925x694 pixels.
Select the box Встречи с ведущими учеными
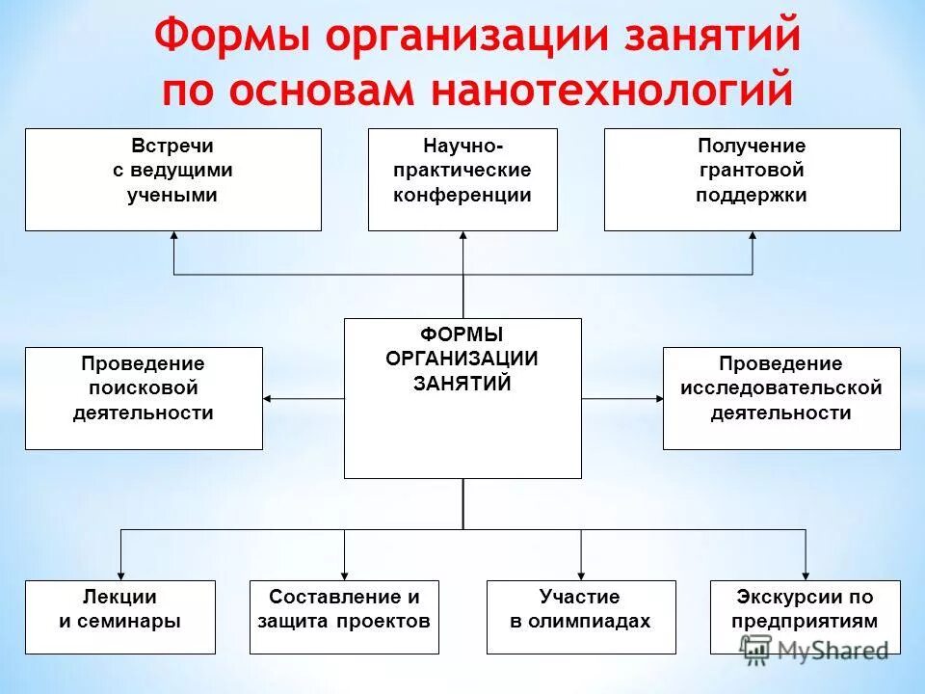pos(173,179)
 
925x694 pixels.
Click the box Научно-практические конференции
pos(462,179)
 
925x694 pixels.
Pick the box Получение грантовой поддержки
pos(752,179)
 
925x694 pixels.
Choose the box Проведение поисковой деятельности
pos(144,398)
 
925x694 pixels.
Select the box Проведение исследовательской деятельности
pos(781,398)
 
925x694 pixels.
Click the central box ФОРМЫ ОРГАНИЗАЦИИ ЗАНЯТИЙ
pos(462,398)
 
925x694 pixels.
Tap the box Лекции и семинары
pos(120,617)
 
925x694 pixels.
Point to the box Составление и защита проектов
pos(344,617)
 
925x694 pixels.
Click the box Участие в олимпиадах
pos(580,617)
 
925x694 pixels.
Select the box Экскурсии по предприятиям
pos(805,617)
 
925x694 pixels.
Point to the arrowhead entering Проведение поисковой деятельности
pos(269,398)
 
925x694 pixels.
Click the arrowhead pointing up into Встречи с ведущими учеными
pos(173,237)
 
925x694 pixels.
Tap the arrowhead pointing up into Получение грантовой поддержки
pos(752,237)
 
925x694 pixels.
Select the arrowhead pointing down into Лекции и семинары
pos(120,574)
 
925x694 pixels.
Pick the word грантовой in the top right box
pos(752,171)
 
